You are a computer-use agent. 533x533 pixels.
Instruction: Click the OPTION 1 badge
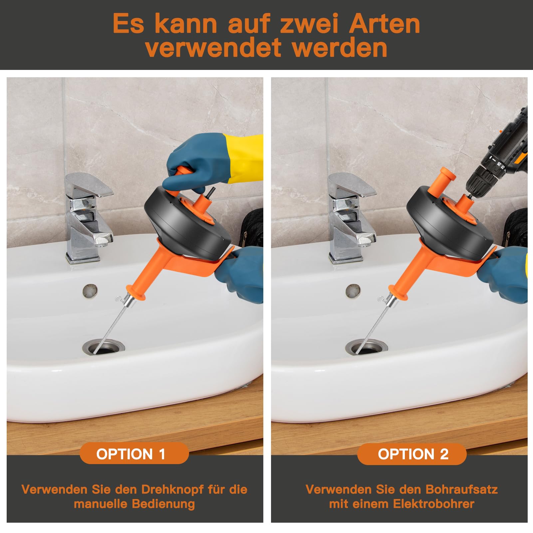134,454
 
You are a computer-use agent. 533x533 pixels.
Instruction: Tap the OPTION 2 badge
412,454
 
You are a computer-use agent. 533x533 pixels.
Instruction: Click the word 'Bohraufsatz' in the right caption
461,489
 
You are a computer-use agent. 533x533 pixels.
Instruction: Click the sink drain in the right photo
366,347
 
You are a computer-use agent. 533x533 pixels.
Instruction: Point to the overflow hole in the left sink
90,290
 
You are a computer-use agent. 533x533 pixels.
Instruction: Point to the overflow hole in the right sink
353,290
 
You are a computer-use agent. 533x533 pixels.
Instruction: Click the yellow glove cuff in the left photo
242,158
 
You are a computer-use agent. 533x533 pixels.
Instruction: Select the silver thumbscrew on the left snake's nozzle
119,298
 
